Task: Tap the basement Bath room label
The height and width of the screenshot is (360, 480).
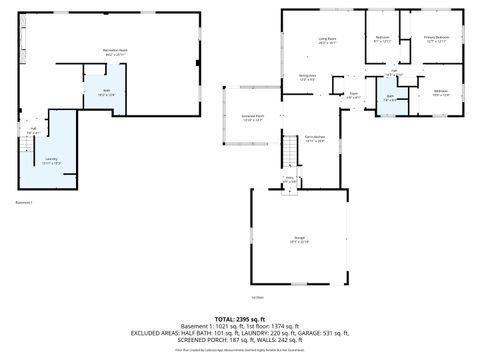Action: click(x=105, y=92)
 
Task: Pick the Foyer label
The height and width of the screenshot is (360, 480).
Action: click(x=354, y=95)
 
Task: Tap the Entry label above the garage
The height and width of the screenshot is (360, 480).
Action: click(x=290, y=180)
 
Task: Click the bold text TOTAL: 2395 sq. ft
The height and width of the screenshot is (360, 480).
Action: click(x=240, y=318)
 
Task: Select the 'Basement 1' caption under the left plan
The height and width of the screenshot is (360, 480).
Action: click(x=24, y=203)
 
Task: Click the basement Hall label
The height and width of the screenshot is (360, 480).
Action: click(x=33, y=130)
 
